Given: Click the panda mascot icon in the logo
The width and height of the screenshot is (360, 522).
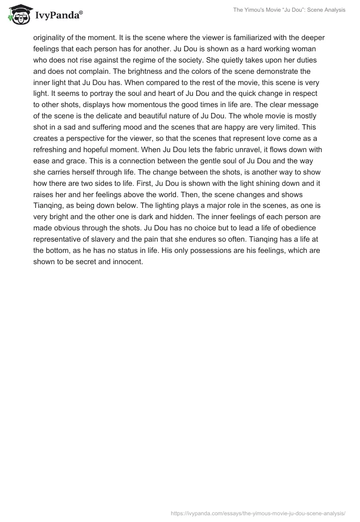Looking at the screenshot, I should pyautogui.click(x=18, y=15).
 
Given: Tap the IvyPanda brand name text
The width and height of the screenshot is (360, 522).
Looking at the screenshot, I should pyautogui.click(x=58, y=16).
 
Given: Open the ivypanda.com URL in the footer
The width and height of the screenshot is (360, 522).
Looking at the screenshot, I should pyautogui.click(x=258, y=513).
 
